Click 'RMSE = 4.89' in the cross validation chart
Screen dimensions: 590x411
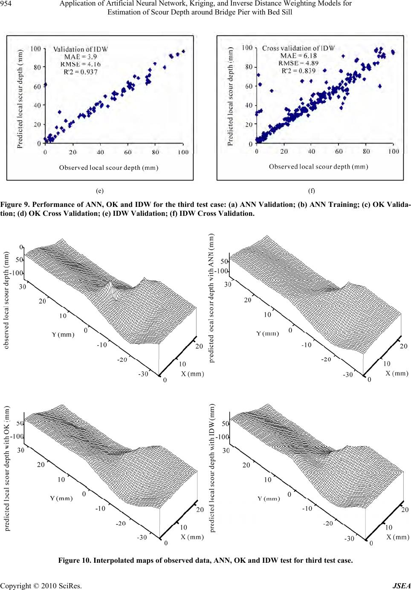coord(298,63)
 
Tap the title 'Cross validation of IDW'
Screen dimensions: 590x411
coord(298,48)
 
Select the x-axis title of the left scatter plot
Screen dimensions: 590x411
coord(108,168)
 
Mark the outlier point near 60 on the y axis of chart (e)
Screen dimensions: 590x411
coord(45,85)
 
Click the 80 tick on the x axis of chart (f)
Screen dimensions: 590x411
coord(366,151)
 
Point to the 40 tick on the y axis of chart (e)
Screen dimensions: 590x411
coord(37,105)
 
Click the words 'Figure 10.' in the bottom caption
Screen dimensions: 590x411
coord(74,560)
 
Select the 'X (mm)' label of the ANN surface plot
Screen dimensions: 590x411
coord(397,373)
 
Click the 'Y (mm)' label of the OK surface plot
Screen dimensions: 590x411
coord(61,498)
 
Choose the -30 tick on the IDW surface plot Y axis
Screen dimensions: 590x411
coord(349,538)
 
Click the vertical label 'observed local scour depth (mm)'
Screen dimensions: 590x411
coord(6,300)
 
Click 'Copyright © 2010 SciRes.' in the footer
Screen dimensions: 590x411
coord(41,586)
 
